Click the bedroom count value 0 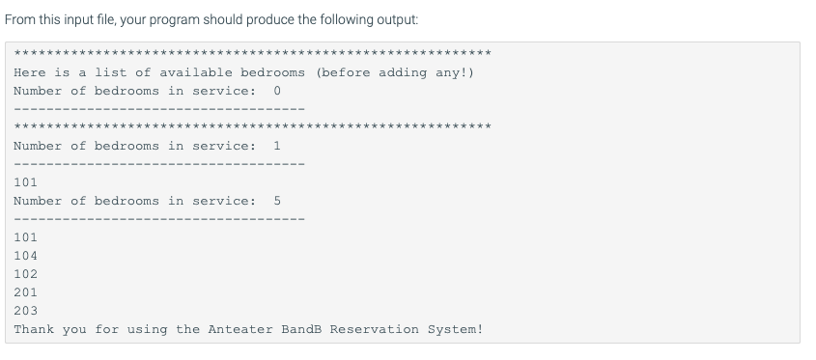[x=277, y=91]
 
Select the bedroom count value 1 [x=277, y=146]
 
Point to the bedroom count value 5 [x=277, y=201]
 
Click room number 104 [x=26, y=256]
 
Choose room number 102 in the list [x=26, y=274]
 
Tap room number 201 [x=26, y=292]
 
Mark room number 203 [x=26, y=311]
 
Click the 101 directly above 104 [x=26, y=237]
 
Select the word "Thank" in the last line [x=34, y=329]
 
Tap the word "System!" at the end [x=456, y=329]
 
